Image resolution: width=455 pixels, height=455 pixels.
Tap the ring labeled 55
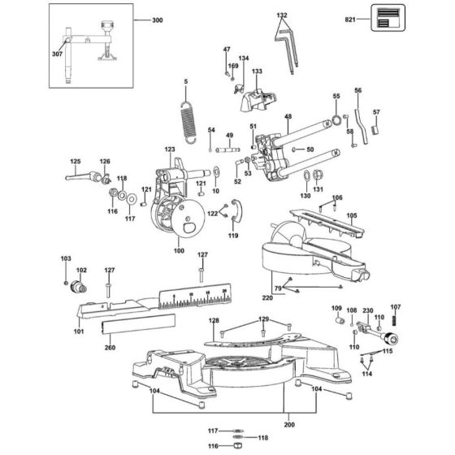335,122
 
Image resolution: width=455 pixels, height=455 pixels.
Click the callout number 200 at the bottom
290,422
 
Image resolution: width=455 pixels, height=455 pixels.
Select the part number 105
352,216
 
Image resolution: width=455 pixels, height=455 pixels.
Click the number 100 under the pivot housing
179,252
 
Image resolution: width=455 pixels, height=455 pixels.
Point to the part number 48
287,118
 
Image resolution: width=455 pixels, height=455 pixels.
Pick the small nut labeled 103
67,281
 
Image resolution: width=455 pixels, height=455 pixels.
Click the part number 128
214,322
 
